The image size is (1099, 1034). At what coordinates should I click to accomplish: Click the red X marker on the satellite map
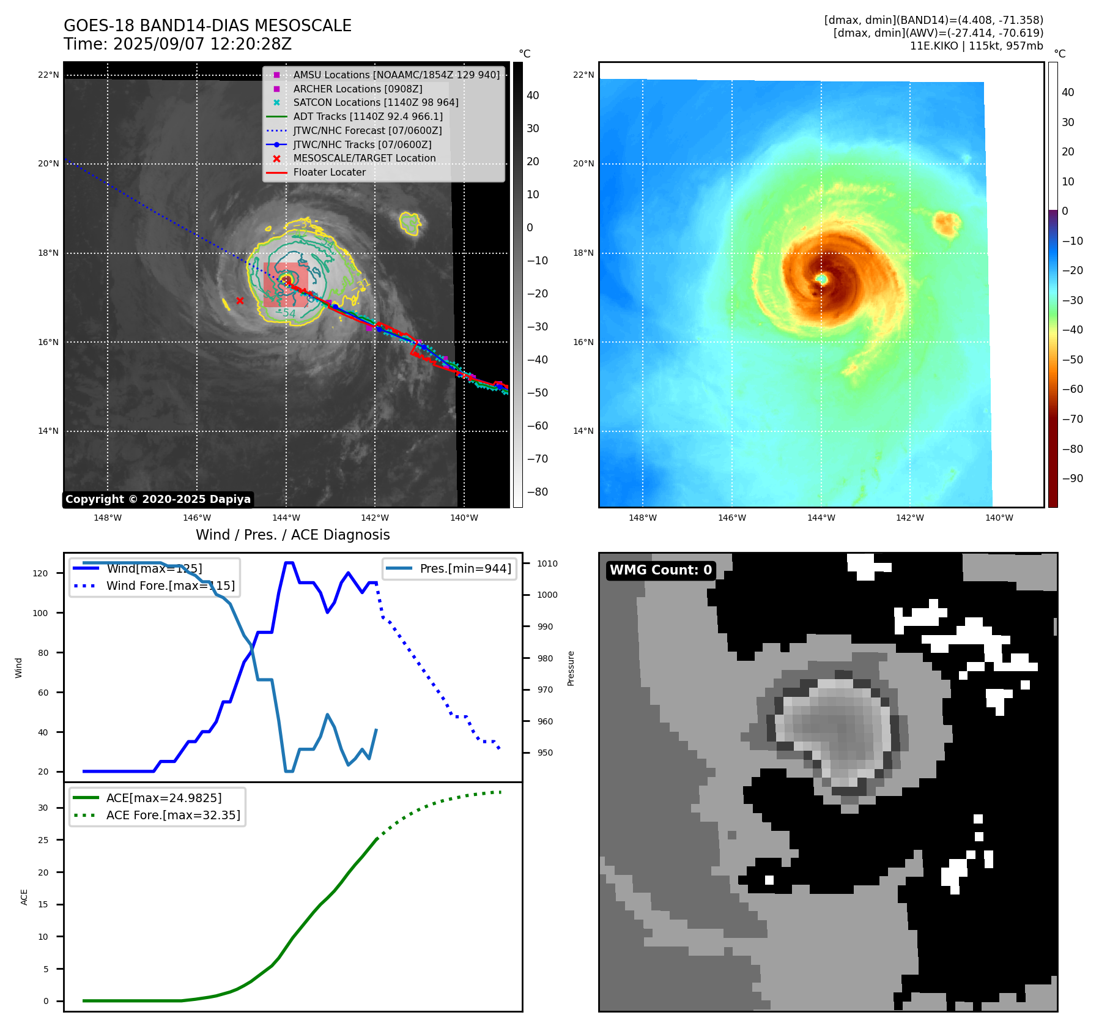[x=240, y=300]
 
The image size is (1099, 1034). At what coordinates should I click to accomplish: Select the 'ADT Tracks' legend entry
[x=368, y=116]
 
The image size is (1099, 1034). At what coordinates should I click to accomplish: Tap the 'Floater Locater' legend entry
[x=329, y=172]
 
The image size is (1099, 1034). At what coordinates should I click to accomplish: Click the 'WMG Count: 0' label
[x=661, y=570]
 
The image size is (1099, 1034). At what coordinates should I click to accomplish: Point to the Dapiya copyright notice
[x=158, y=499]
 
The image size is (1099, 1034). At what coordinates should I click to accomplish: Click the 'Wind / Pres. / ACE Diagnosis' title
[x=292, y=535]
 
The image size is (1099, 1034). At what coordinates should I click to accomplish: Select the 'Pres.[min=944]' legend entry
[x=465, y=568]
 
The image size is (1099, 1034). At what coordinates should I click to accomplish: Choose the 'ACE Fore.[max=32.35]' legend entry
[x=173, y=815]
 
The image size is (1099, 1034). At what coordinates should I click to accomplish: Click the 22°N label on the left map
[x=48, y=75]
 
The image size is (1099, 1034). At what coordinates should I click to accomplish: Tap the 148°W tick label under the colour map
[x=642, y=518]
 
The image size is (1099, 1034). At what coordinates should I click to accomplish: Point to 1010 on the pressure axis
[x=547, y=563]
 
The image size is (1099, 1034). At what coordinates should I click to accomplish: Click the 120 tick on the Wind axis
[x=40, y=573]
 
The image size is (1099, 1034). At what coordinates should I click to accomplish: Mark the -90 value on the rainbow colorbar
[x=1072, y=478]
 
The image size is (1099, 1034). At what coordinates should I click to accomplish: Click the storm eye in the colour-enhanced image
[x=821, y=279]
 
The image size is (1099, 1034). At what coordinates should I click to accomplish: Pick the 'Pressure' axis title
[x=571, y=668]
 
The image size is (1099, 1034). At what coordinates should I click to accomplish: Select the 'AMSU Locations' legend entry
[x=396, y=75]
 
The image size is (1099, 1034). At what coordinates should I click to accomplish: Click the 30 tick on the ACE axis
[x=43, y=808]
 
